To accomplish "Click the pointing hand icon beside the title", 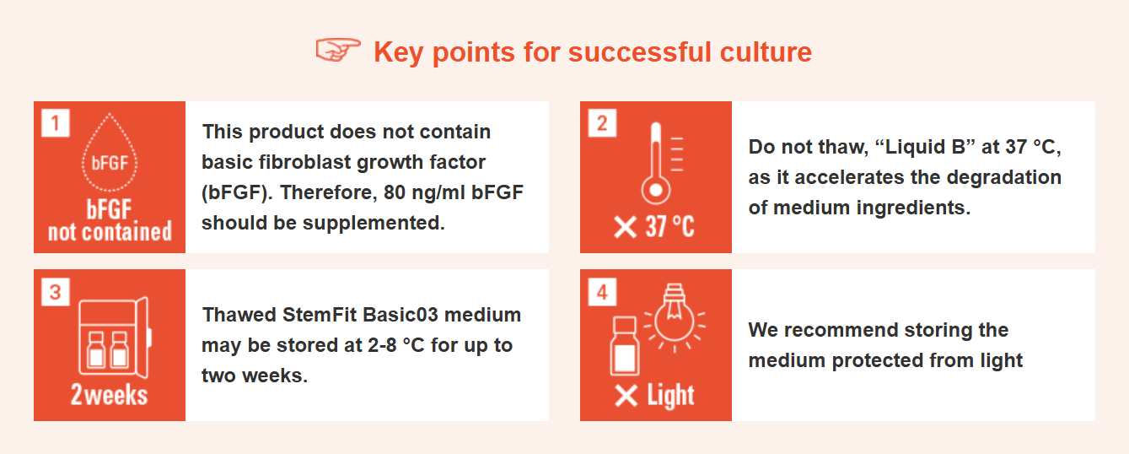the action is click(338, 50).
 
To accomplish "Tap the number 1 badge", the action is click(56, 123).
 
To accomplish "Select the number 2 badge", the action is click(602, 123).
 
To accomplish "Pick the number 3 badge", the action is click(56, 292).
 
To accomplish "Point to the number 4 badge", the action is click(602, 292).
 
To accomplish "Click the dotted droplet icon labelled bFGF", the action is click(110, 153).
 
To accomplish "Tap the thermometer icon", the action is click(656, 162).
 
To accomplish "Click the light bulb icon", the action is click(674, 318).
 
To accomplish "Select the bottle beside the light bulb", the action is click(625, 346).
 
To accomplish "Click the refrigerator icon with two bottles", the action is click(115, 337).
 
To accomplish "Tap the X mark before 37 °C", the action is click(626, 227).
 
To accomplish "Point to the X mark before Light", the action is click(626, 396).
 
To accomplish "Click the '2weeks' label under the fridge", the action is click(109, 394).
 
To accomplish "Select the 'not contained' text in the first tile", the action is click(110, 232).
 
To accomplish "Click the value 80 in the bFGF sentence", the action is click(395, 192).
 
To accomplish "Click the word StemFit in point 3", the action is click(320, 315).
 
